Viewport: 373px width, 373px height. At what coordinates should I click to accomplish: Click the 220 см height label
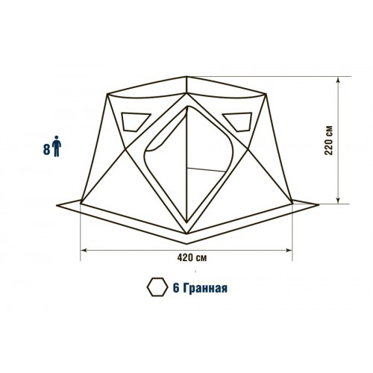pos(329,140)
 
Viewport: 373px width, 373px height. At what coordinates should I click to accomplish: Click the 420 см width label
pos(192,258)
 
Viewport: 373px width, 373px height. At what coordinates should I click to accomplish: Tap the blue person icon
pos(57,146)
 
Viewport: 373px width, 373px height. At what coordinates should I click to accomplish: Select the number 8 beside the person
pos(47,150)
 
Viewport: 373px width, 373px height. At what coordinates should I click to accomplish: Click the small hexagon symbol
pos(157,287)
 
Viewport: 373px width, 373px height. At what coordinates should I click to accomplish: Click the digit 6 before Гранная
pos(176,288)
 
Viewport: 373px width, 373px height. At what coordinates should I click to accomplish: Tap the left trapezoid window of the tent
pos(134,122)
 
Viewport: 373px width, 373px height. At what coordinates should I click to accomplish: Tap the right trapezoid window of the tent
pos(238,122)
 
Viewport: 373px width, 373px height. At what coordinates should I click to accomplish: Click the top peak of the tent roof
pos(186,77)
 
